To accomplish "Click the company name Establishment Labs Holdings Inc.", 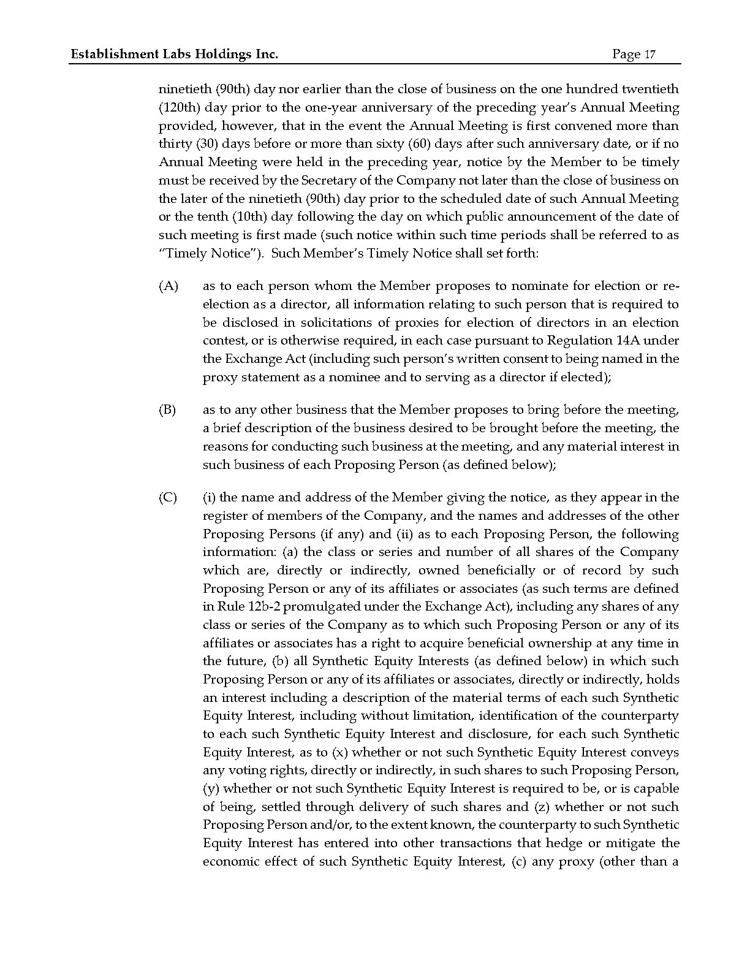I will [x=175, y=55].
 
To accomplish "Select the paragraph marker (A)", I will [x=169, y=286].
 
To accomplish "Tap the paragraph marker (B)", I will [x=168, y=410].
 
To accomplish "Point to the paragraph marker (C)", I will [x=168, y=497].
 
